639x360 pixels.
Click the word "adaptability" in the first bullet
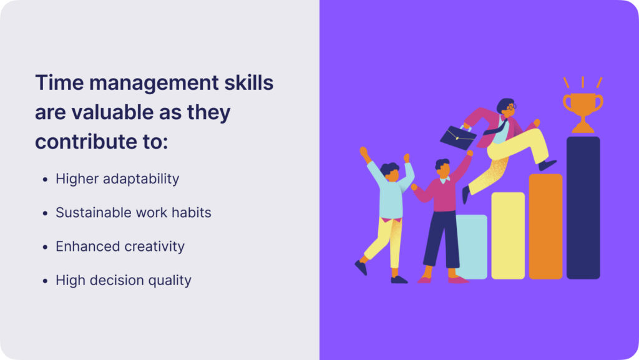point(141,179)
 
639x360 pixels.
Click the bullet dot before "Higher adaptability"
point(45,180)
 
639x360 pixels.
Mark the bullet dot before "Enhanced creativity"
point(45,247)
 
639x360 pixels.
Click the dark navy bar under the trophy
point(583,208)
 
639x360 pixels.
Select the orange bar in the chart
point(545,226)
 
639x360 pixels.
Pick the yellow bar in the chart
point(508,235)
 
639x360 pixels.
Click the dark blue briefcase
point(459,137)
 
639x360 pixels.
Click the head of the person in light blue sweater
point(391,171)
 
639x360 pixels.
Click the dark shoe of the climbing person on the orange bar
point(547,165)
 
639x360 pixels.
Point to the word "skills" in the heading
point(249,83)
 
